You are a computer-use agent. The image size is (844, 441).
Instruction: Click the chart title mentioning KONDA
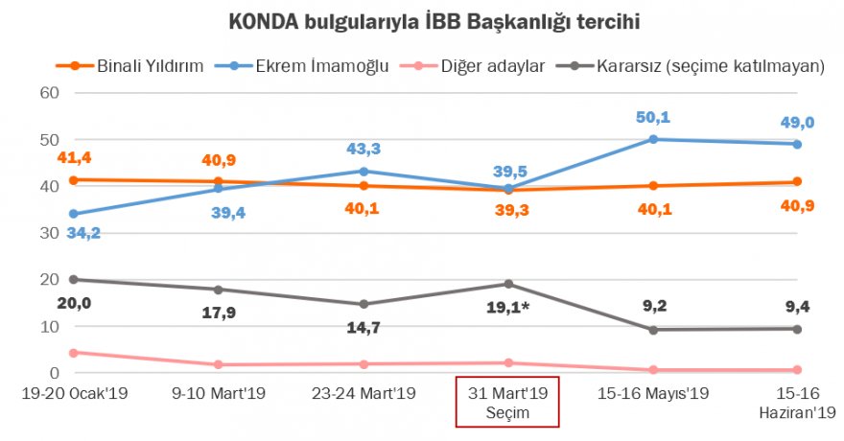click(x=421, y=20)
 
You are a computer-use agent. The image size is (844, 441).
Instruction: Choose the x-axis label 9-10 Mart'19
click(x=219, y=393)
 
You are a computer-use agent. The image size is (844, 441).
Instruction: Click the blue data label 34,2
click(x=82, y=233)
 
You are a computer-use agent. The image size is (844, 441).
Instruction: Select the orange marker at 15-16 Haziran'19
click(x=798, y=181)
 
